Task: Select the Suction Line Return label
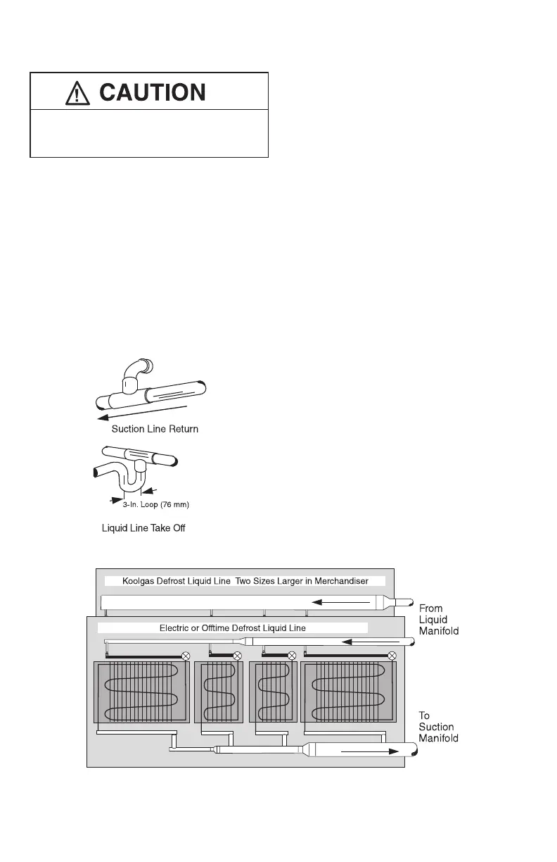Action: click(x=155, y=429)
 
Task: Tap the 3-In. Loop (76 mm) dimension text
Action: click(x=153, y=504)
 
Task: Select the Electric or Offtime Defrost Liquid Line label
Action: click(x=232, y=627)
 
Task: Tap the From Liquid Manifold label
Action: click(x=439, y=619)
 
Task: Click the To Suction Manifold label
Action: click(x=439, y=727)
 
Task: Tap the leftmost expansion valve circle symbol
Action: click(x=186, y=656)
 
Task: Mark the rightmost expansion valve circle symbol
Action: click(x=392, y=656)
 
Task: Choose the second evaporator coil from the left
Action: click(x=219, y=692)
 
